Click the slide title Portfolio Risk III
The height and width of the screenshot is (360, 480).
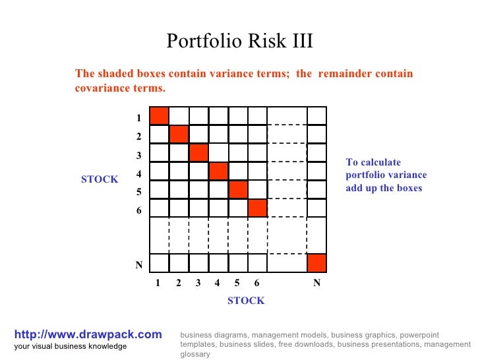tap(239, 42)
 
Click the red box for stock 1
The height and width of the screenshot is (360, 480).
tap(160, 115)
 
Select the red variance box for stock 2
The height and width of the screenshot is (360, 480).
tap(179, 134)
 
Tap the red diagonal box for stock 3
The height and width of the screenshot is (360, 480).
tap(199, 152)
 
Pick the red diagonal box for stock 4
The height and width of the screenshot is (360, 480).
tap(219, 171)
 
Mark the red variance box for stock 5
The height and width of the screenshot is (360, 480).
tap(239, 189)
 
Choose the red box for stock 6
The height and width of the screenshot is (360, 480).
tap(258, 208)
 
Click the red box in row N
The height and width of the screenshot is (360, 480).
tap(316, 262)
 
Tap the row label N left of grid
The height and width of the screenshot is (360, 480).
tap(139, 265)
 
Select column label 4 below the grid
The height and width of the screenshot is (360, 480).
tap(217, 283)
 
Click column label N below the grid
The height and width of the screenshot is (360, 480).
tap(316, 283)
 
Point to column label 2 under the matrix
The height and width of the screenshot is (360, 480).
tap(179, 283)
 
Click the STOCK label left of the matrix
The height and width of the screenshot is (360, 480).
tap(100, 179)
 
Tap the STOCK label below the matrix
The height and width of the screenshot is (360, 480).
tap(246, 301)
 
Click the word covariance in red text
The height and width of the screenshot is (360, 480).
tap(104, 88)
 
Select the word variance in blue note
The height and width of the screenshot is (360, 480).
tap(409, 175)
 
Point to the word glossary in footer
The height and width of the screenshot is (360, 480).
tap(195, 354)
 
